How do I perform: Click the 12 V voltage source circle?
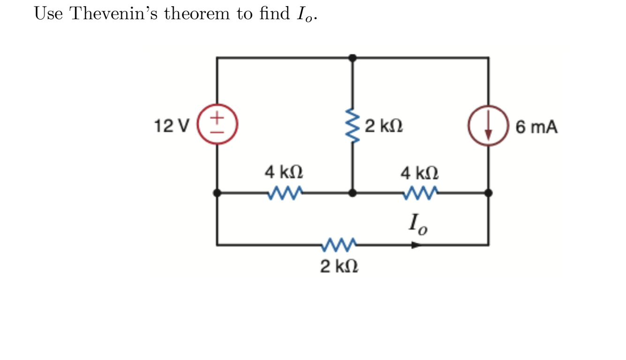pyautogui.click(x=217, y=126)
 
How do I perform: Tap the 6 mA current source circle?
pyautogui.click(x=488, y=126)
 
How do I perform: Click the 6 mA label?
pyautogui.click(x=536, y=127)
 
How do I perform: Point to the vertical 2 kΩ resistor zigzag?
pyautogui.click(x=353, y=126)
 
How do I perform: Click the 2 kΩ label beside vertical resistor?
pyautogui.click(x=384, y=126)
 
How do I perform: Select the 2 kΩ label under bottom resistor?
pyautogui.click(x=339, y=266)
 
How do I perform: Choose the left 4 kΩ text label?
pyautogui.click(x=284, y=172)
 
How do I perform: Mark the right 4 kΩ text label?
pyautogui.click(x=420, y=172)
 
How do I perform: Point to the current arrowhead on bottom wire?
pyautogui.click(x=416, y=245)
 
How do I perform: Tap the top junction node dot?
pyautogui.click(x=353, y=58)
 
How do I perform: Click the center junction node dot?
pyautogui.click(x=353, y=193)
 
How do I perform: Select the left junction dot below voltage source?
pyautogui.click(x=217, y=193)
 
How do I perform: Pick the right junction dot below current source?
pyautogui.click(x=488, y=193)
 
